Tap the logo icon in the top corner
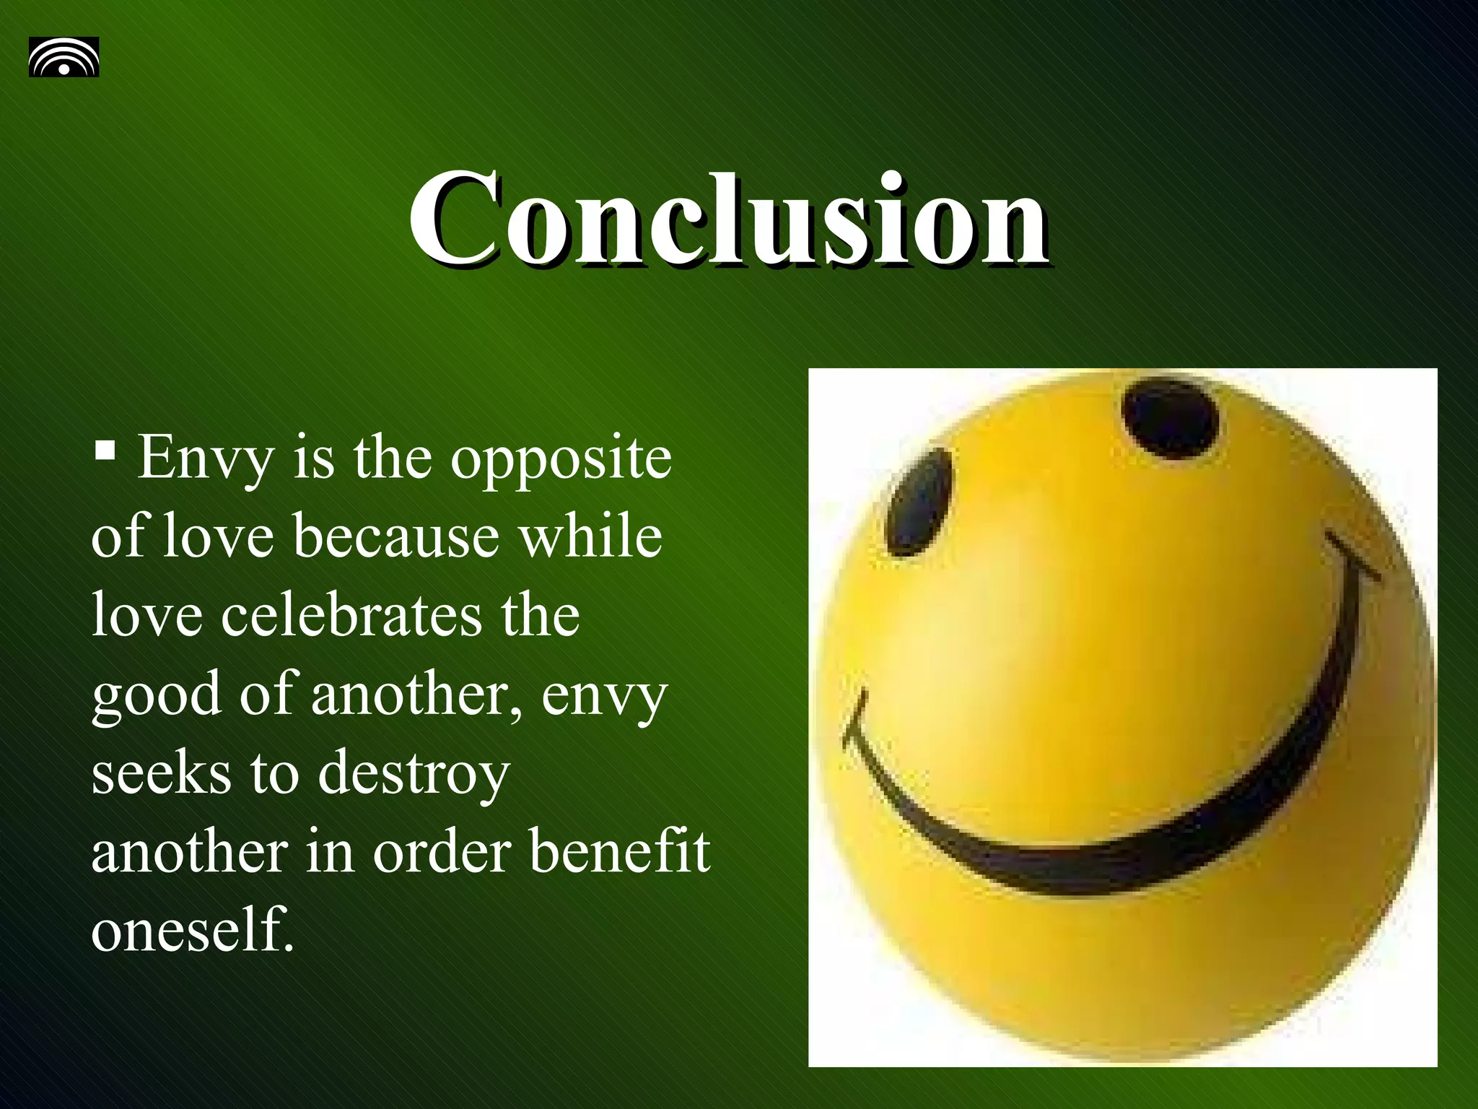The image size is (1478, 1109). click(64, 57)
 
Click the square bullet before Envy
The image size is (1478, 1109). click(105, 452)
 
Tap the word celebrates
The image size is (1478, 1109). click(351, 615)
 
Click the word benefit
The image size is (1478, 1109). click(620, 852)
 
